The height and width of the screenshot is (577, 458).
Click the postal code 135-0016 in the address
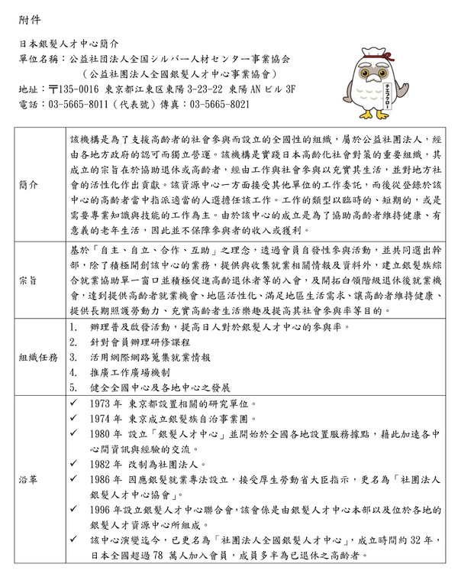pos(79,89)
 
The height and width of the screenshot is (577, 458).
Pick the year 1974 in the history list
pos(102,418)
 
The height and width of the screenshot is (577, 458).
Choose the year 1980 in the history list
pos(102,433)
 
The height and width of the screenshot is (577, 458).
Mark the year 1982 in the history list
pos(102,463)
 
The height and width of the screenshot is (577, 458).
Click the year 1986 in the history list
pos(102,478)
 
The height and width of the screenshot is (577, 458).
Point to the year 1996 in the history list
pos(102,508)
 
